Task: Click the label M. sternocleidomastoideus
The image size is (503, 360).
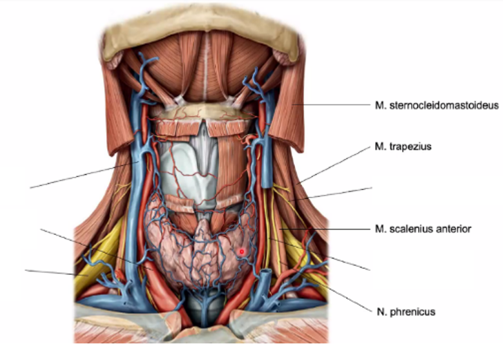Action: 432,105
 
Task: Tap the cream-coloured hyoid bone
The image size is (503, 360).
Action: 200,111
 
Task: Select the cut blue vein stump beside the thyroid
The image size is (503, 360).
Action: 265,283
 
